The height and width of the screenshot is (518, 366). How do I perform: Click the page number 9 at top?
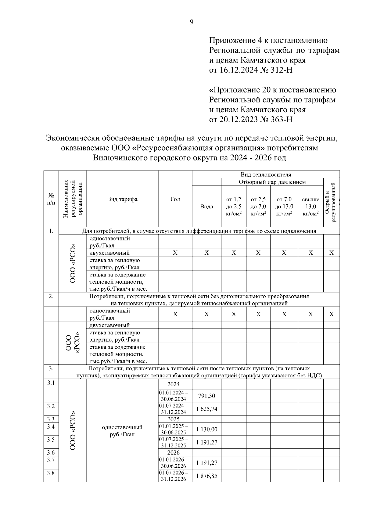click(x=192, y=22)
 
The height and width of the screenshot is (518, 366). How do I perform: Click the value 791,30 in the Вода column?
click(x=206, y=396)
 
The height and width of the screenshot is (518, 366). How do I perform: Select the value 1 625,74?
click(x=206, y=409)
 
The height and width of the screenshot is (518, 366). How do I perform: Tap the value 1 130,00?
click(x=206, y=429)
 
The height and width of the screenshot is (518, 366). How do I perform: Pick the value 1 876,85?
click(x=206, y=476)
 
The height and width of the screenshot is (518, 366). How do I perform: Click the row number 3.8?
click(x=51, y=473)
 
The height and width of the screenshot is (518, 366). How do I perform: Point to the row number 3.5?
click(x=51, y=440)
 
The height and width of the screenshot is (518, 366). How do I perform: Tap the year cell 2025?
click(x=174, y=419)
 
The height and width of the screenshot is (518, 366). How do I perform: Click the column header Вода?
click(x=206, y=207)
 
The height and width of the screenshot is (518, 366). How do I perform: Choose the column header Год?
click(x=175, y=199)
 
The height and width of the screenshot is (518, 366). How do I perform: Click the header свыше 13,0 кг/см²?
click(x=310, y=207)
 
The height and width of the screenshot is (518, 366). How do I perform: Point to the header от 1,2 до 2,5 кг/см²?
click(x=234, y=207)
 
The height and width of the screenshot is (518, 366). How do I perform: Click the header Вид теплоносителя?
click(x=266, y=175)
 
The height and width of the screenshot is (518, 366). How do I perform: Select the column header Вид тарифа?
click(x=122, y=199)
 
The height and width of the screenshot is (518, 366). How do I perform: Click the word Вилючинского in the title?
click(x=121, y=158)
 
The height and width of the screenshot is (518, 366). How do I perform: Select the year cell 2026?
click(x=174, y=452)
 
